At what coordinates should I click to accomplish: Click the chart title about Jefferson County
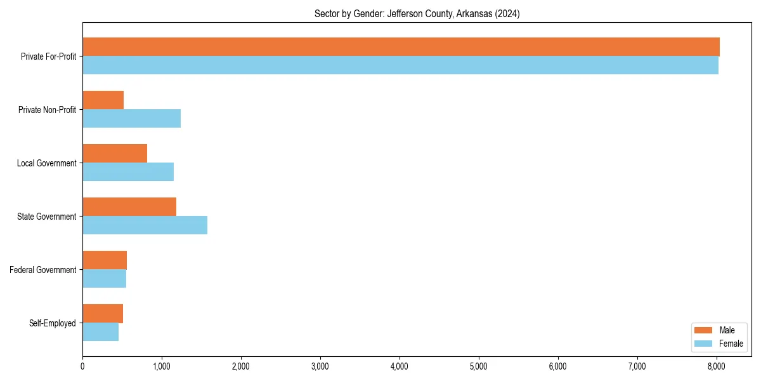[417, 14]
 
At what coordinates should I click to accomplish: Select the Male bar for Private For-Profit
[401, 47]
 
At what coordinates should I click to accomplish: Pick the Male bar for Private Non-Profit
[103, 100]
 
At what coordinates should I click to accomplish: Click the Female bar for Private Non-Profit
[131, 119]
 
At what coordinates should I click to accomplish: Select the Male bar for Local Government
[115, 154]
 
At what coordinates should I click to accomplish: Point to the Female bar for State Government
[145, 225]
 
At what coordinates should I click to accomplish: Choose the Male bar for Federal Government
[105, 260]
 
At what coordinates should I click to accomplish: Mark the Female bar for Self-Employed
[100, 332]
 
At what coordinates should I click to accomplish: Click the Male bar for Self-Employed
[103, 314]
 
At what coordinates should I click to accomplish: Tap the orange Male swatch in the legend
[704, 330]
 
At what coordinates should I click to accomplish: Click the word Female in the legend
[731, 344]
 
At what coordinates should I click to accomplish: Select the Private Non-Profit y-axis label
[47, 110]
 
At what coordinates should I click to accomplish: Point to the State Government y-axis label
[46, 217]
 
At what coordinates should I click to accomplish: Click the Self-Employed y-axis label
[52, 323]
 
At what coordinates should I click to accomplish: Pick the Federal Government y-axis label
[43, 270]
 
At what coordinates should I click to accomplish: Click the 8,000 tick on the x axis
[717, 366]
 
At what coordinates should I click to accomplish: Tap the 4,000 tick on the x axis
[400, 366]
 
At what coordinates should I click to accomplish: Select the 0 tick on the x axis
[82, 366]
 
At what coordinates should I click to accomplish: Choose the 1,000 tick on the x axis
[162, 366]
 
